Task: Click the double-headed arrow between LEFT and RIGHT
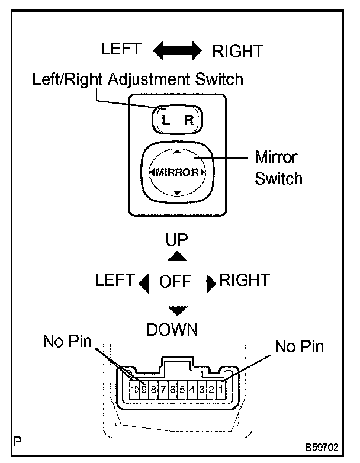click(x=178, y=50)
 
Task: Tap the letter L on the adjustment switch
click(x=166, y=121)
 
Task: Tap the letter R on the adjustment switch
click(x=188, y=121)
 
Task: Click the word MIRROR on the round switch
click(x=177, y=172)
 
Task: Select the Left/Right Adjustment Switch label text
click(x=138, y=79)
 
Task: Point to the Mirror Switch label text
click(x=278, y=168)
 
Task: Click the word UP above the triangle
click(x=176, y=239)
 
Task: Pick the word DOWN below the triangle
click(x=172, y=329)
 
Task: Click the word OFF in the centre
click(x=175, y=281)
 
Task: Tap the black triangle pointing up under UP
click(x=176, y=256)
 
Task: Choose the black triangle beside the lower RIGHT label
click(x=210, y=284)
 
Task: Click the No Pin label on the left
click(x=67, y=342)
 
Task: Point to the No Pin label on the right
click(x=300, y=346)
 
